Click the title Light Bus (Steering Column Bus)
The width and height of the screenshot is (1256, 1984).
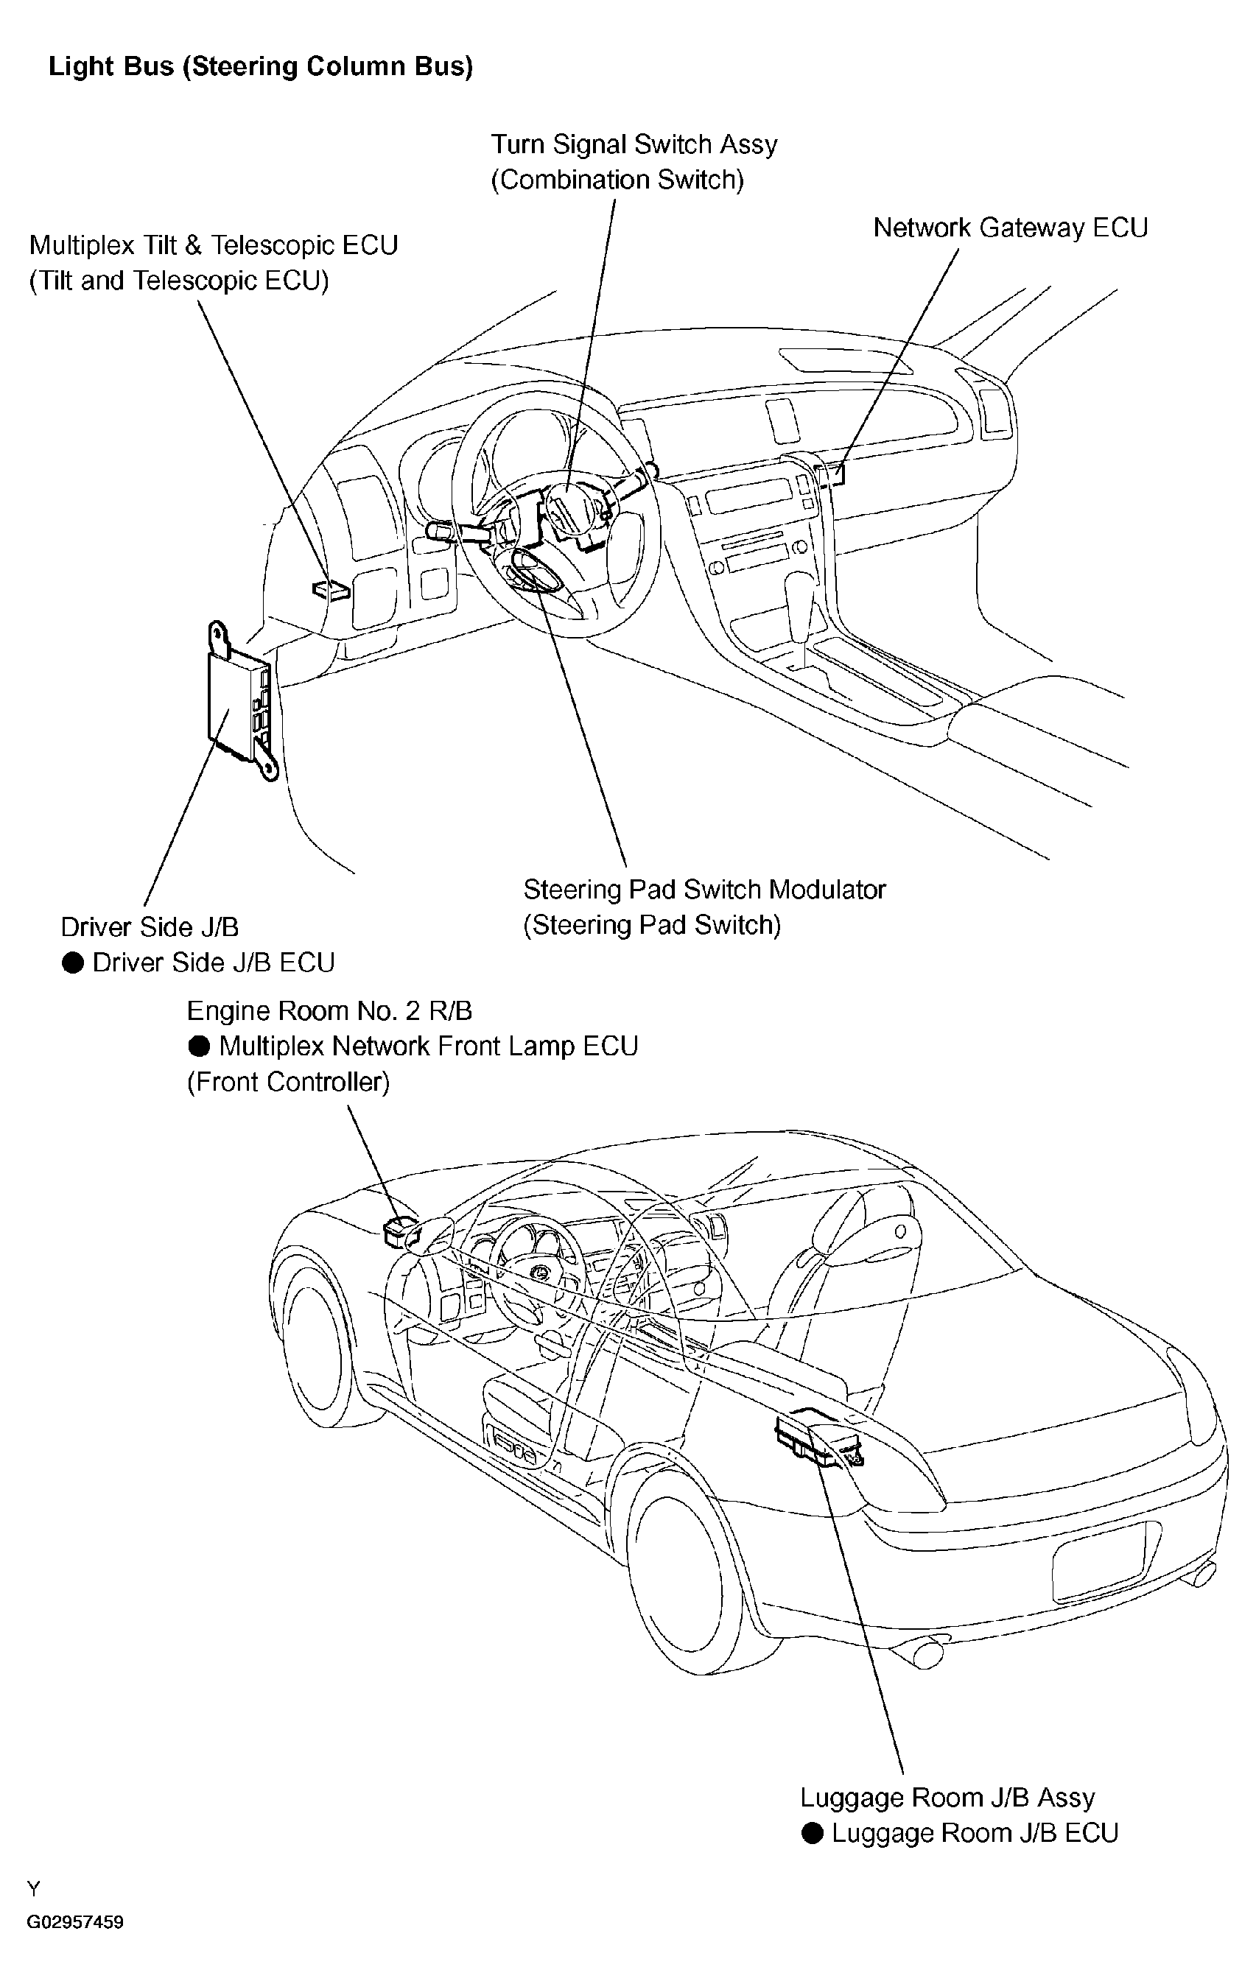261,67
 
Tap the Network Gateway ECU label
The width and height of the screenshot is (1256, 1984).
1011,228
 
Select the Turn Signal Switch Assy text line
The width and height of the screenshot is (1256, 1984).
634,144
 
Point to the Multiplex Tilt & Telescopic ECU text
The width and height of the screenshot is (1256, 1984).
214,245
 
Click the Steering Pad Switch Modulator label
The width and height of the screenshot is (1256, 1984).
705,889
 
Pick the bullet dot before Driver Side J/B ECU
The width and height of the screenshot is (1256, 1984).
74,963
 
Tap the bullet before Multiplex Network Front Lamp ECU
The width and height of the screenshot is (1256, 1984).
200,1046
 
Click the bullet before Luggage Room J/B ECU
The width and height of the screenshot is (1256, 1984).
813,1833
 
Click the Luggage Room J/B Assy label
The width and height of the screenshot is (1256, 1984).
948,1798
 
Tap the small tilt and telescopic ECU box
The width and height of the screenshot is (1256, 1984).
331,589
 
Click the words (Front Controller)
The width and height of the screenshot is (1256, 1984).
289,1082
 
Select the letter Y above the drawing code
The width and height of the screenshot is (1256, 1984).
34,1888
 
